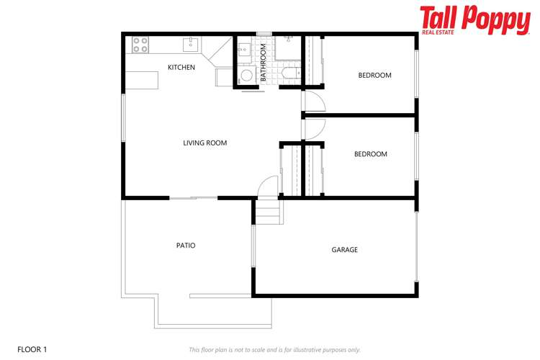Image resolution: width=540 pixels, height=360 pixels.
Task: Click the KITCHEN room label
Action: (x=181, y=68)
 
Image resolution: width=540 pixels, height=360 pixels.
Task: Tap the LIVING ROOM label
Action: (x=204, y=143)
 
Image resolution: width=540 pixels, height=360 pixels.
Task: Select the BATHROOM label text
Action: (x=264, y=62)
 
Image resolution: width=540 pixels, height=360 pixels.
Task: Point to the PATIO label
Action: (x=186, y=246)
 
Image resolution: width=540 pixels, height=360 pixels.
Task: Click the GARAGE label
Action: (x=344, y=250)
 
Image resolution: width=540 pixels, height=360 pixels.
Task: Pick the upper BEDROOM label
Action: (x=374, y=76)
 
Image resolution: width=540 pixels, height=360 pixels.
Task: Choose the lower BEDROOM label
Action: (x=370, y=154)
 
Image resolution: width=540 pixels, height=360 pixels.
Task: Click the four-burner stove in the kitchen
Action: (x=140, y=45)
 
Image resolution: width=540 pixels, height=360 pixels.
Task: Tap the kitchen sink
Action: (x=191, y=44)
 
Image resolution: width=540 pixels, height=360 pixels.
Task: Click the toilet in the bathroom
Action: (x=289, y=73)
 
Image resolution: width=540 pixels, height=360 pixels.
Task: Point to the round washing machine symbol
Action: (x=246, y=76)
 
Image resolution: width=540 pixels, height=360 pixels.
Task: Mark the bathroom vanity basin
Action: (x=243, y=50)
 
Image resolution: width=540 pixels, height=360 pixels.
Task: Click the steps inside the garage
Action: (x=268, y=212)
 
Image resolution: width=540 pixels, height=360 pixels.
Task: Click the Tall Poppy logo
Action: (x=474, y=19)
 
